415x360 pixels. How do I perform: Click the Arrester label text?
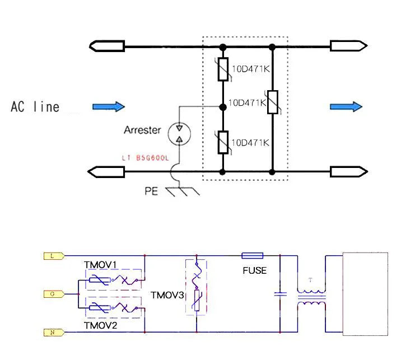click(142, 130)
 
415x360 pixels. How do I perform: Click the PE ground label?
click(151, 191)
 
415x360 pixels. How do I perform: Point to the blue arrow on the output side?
click(346, 106)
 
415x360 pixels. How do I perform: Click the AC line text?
click(35, 107)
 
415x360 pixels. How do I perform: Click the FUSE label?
click(254, 270)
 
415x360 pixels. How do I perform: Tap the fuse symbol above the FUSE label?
click(252, 256)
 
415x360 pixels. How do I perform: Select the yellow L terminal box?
click(52, 256)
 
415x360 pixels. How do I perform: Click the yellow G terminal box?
click(52, 293)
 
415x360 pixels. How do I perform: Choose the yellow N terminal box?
click(52, 332)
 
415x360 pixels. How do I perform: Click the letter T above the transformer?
click(311, 280)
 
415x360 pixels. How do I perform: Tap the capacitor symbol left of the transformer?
click(279, 293)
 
